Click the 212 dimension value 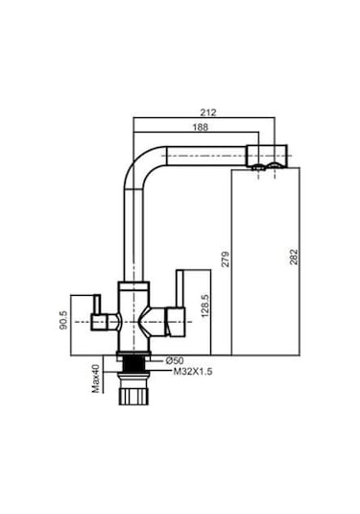pos(210,113)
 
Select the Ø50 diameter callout pos(183,360)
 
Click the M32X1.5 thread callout pos(191,372)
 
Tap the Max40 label pos(96,378)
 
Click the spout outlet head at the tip pos(269,157)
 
